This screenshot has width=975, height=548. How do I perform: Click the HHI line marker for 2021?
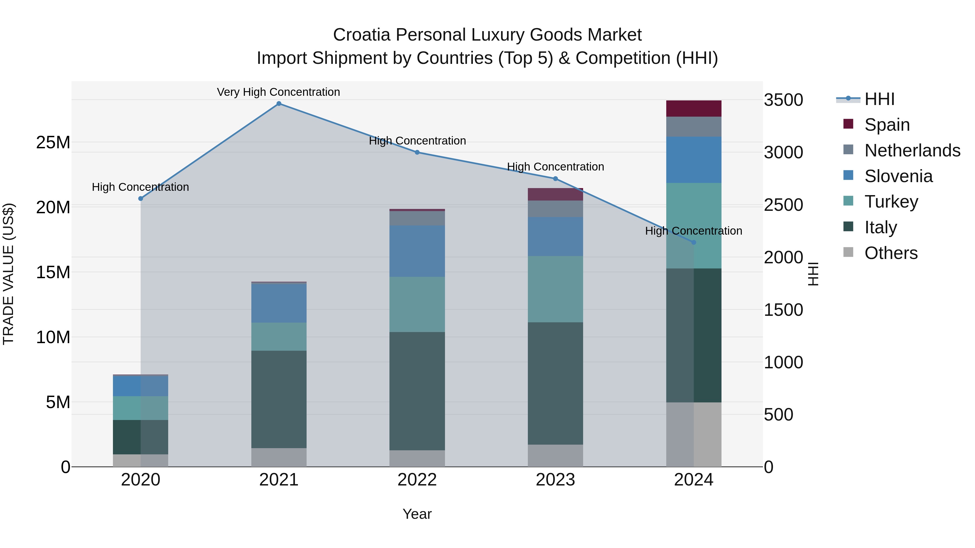[x=279, y=104]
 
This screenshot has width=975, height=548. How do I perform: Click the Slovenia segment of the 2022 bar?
[x=417, y=251]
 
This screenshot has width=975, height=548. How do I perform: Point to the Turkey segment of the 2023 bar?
[x=555, y=289]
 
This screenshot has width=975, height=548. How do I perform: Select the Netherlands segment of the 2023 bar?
[x=555, y=209]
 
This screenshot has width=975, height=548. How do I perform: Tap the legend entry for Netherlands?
[x=912, y=150]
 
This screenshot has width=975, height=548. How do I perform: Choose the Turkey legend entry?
[x=891, y=202]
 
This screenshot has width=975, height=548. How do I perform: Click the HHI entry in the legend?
[x=879, y=99]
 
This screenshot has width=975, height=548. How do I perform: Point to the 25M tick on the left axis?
[x=53, y=143]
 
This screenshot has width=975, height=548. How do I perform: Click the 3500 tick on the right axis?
[x=783, y=100]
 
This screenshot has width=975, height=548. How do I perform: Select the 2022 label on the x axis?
[x=417, y=480]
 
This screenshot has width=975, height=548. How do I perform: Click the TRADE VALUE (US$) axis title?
[x=8, y=274]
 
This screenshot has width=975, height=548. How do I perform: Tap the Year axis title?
[x=417, y=514]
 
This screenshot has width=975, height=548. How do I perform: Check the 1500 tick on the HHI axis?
[x=783, y=310]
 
